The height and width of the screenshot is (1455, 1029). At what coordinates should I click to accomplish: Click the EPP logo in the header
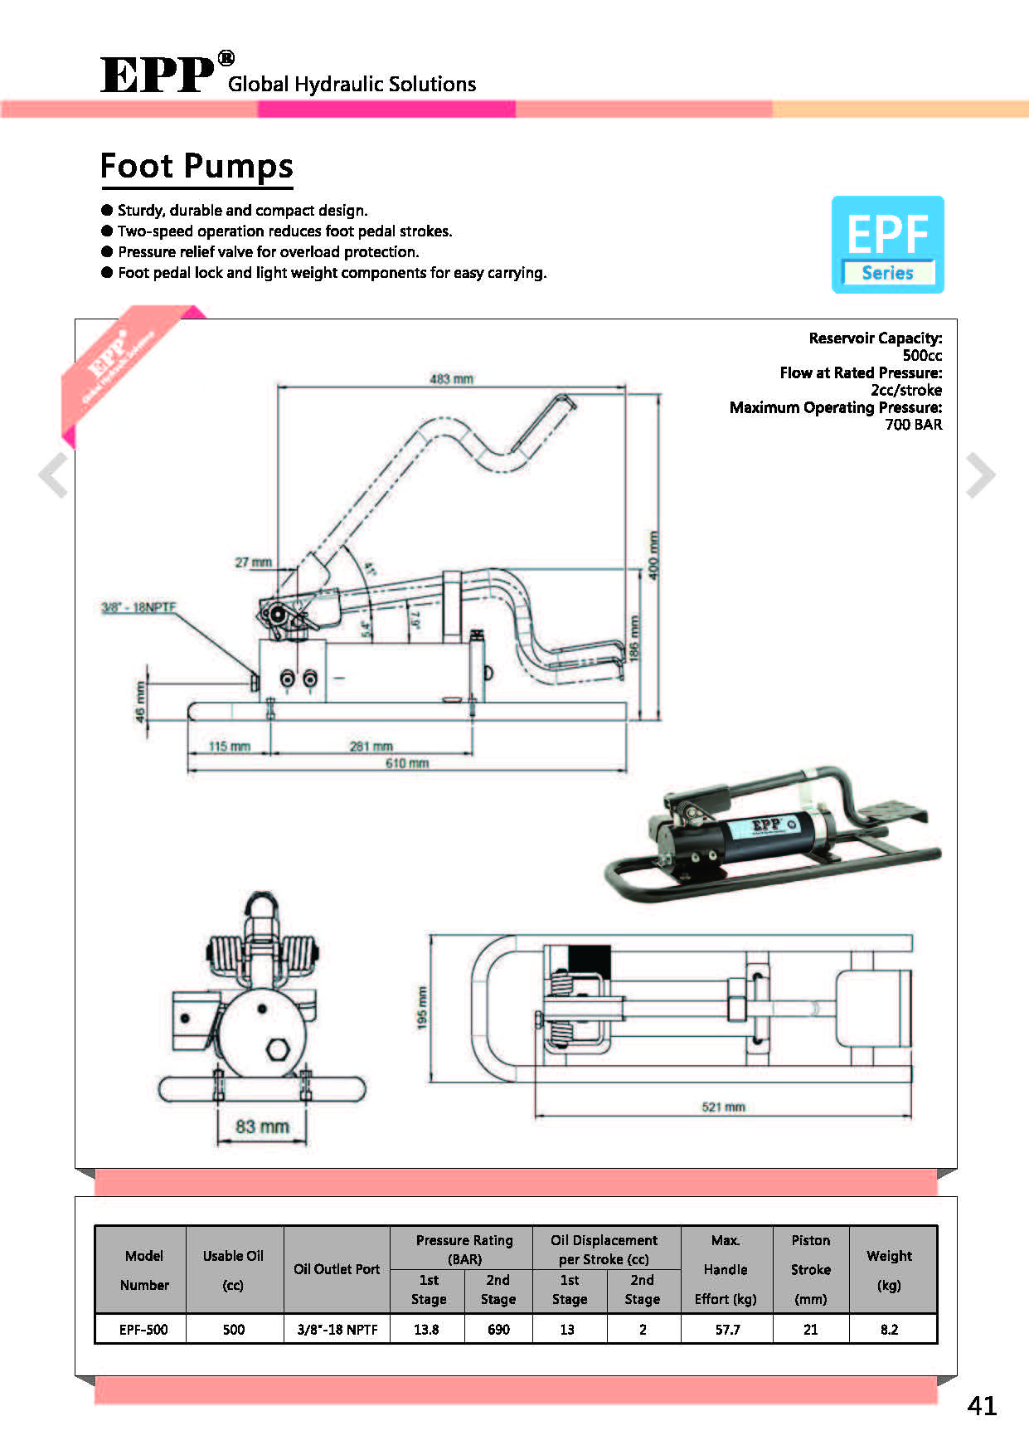coord(158,75)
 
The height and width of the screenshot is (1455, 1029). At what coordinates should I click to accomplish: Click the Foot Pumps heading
coord(197,166)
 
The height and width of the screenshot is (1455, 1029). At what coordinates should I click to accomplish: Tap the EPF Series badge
coord(887,245)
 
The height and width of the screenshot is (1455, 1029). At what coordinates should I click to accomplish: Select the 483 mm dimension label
coord(451,379)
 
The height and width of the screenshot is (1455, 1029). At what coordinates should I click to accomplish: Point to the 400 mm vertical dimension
coord(653,555)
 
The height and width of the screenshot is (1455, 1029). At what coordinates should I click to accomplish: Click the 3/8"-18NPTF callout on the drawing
coord(138,607)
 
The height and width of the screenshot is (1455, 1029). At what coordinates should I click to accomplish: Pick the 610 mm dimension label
coord(407,763)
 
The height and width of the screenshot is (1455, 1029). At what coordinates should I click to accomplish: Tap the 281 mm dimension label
coord(371,746)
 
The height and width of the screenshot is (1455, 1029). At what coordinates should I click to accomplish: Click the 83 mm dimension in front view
coord(262,1127)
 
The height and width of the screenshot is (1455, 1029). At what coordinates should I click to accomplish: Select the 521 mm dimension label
coord(723,1107)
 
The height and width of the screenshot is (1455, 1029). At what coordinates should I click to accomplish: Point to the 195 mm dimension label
coord(422,1008)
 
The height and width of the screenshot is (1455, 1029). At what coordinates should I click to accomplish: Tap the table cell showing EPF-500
coord(143,1330)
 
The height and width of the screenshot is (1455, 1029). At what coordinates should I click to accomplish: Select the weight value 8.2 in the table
coord(889,1330)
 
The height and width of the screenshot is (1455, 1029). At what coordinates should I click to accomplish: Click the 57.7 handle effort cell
coord(727,1330)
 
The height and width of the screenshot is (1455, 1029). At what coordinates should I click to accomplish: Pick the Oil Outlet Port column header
coord(337,1269)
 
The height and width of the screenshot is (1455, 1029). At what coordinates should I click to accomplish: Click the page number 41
coord(982,1405)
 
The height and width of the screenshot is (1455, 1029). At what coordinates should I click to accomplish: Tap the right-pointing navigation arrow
coord(980,475)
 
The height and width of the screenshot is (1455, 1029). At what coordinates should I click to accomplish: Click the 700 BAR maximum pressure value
coord(913,425)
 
